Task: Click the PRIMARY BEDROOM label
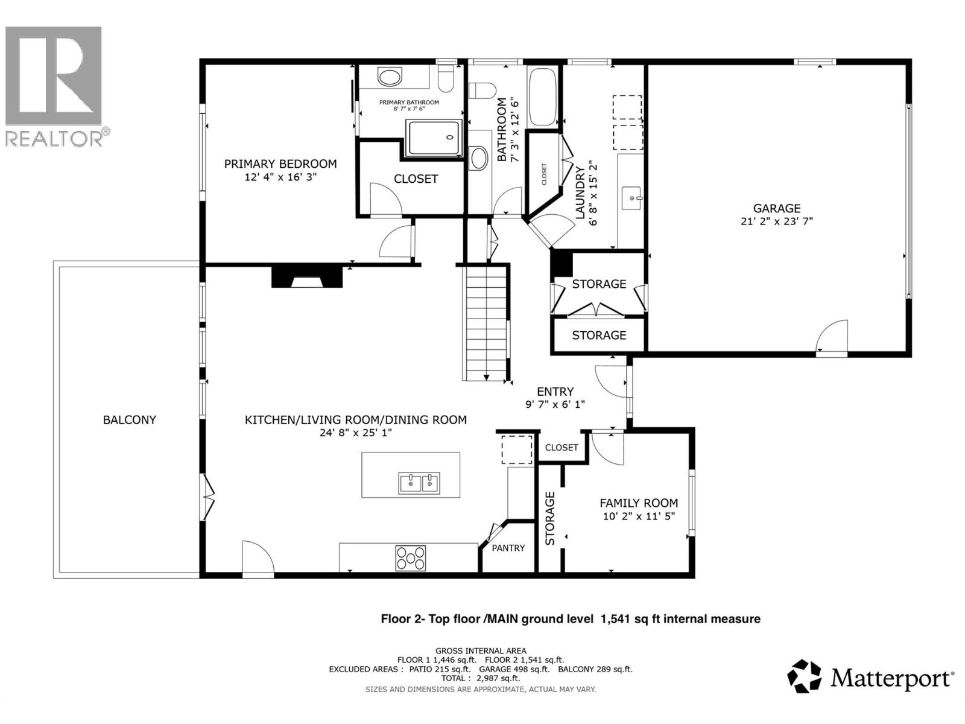click(x=280, y=164)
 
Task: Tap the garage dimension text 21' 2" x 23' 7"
click(x=776, y=221)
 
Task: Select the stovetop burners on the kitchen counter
click(x=410, y=558)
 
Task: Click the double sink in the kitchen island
click(x=419, y=483)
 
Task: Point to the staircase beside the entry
click(x=486, y=323)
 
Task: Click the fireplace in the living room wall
click(x=307, y=278)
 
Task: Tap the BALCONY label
click(x=129, y=420)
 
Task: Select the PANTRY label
click(x=508, y=548)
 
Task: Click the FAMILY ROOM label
click(x=638, y=503)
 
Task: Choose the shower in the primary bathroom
click(x=432, y=138)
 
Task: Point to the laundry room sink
click(x=632, y=197)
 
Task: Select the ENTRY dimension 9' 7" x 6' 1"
click(x=555, y=405)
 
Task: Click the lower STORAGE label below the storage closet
click(x=599, y=335)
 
